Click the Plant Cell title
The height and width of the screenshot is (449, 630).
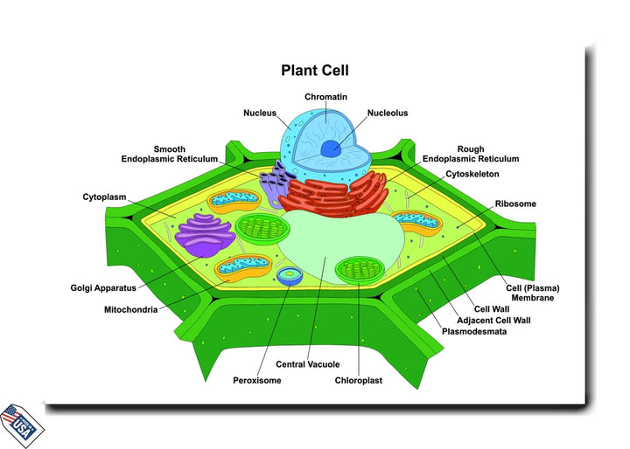[x=314, y=70]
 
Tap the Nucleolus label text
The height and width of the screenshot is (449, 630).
[x=388, y=113]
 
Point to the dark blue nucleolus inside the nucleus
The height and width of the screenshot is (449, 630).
[x=330, y=149]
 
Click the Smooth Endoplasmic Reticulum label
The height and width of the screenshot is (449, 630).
[x=169, y=154]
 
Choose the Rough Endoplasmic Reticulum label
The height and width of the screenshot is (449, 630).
[x=471, y=154]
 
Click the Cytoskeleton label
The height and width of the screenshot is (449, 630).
[x=472, y=174]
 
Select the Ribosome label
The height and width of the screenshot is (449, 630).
[x=515, y=204]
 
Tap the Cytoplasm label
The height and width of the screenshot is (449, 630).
[x=107, y=197]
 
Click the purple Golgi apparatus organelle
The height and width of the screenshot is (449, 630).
[x=203, y=237]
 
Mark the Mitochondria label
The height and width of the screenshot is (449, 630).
[x=130, y=309]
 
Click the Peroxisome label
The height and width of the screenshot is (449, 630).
[x=257, y=380]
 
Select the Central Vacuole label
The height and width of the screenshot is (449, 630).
[x=307, y=364]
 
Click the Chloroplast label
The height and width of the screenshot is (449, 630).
[x=359, y=380]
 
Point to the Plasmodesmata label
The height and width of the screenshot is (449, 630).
[x=473, y=332]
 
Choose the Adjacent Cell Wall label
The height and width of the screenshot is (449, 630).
[x=493, y=320]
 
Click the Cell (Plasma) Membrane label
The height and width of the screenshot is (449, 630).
[x=533, y=293]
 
